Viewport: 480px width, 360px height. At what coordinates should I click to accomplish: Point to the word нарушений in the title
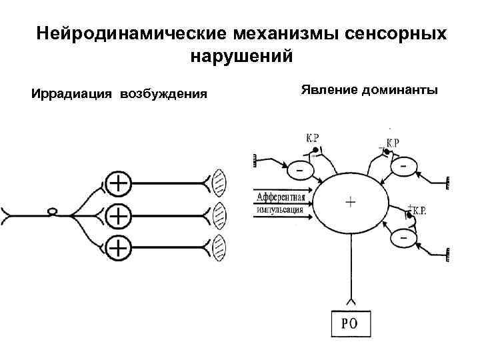coord(241,57)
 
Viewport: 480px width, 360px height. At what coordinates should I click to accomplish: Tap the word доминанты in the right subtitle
coord(400,89)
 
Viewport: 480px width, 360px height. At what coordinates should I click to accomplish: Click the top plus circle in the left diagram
coord(118,182)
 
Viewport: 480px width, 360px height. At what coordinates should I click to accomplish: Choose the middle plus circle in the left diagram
coord(118,215)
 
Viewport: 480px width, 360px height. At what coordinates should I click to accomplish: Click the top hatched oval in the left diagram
coord(219,181)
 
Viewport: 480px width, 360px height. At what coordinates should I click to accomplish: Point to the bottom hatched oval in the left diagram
coord(219,247)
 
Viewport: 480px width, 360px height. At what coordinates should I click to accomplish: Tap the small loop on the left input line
coord(52,213)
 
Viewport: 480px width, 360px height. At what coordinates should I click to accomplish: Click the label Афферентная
coord(280,197)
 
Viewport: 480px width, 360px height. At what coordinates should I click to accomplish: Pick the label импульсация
coord(279,209)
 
